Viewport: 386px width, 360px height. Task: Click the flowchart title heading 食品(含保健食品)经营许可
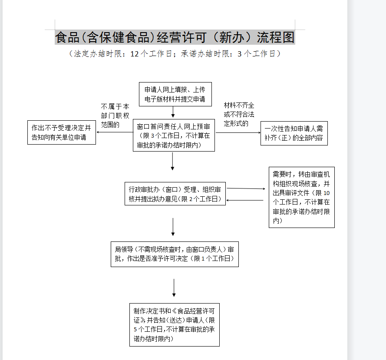(175, 37)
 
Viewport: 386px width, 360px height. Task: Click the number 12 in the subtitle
(135, 54)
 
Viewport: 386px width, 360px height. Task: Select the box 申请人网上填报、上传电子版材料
(175, 94)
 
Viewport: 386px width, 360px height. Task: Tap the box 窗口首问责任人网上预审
(174, 135)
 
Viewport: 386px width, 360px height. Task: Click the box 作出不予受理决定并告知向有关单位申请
(61, 132)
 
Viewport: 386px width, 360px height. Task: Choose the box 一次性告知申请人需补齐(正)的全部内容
(294, 133)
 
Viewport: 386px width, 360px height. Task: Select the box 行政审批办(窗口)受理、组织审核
(175, 194)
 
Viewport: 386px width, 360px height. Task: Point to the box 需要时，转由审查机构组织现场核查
(301, 197)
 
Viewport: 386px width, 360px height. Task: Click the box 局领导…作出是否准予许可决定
(175, 254)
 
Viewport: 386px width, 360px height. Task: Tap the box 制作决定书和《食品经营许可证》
(175, 325)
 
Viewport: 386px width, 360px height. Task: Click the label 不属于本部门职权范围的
(115, 115)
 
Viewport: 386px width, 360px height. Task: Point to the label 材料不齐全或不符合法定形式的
(239, 115)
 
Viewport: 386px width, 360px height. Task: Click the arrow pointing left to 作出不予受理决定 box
(114, 132)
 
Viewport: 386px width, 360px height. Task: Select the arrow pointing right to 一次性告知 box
(238, 132)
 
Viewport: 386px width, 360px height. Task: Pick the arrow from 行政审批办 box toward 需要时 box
(246, 188)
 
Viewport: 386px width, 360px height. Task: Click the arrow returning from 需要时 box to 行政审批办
(246, 200)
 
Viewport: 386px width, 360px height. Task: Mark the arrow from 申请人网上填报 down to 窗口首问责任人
(173, 112)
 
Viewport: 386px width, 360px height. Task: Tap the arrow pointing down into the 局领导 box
(173, 227)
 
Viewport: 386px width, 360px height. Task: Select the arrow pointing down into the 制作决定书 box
(174, 288)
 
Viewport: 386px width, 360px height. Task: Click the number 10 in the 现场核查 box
(327, 193)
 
